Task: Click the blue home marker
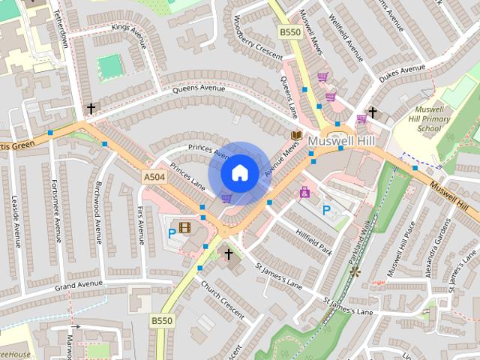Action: point(239,172)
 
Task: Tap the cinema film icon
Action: point(185,228)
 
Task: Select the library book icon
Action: point(296,136)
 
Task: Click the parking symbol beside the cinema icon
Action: point(172,232)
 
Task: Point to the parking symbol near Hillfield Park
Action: point(326,210)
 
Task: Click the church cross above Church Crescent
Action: point(229,253)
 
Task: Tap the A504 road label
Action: point(153,176)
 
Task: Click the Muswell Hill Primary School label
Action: point(430,118)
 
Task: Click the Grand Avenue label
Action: point(78,285)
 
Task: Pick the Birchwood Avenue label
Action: point(97,211)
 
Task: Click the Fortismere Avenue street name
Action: point(54,211)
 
